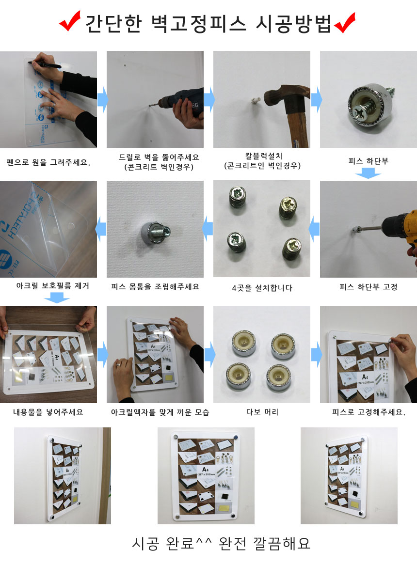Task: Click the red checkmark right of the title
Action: [x=345, y=23]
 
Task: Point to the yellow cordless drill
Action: [x=400, y=231]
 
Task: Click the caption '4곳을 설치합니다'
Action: [x=262, y=288]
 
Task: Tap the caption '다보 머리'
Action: [x=262, y=412]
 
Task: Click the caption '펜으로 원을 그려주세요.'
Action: [x=48, y=162]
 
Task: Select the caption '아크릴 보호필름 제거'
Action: [x=53, y=286]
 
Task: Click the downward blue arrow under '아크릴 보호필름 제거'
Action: [x=57, y=298]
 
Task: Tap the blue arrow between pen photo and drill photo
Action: [x=102, y=99]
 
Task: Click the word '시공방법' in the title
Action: [x=293, y=24]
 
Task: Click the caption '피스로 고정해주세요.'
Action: [x=369, y=412]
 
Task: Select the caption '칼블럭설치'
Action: [x=263, y=156]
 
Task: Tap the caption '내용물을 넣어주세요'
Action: [x=48, y=412]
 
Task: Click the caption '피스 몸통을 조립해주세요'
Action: [x=155, y=286]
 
